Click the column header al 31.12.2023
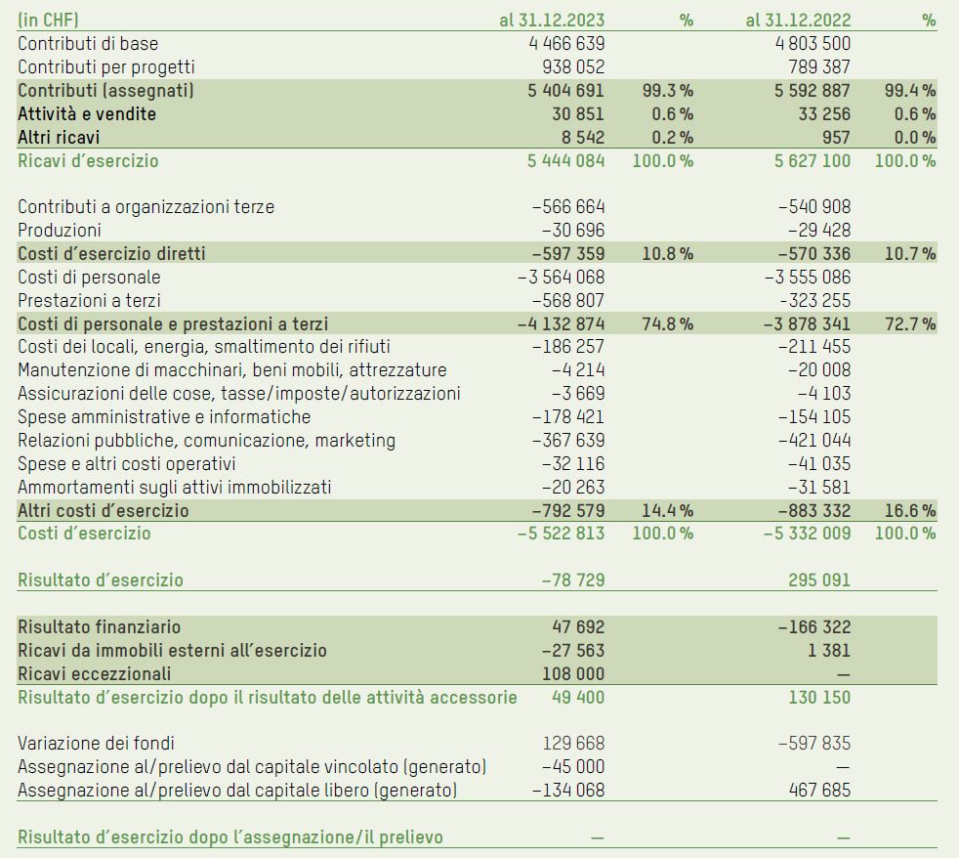pos(552,20)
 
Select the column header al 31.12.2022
pos(798,20)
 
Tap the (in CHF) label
pos(49,20)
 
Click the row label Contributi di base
pos(88,43)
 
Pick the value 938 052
pos(573,66)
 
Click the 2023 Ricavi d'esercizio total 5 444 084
pos(566,160)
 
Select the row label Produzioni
pos(60,231)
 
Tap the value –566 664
pos(568,207)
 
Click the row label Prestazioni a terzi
pos(90,300)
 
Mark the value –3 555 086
pos(808,277)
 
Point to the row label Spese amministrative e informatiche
pos(164,417)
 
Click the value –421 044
pos(814,441)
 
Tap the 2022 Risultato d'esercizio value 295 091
pos(819,579)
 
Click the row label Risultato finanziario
pos(100,626)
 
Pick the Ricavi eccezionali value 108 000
pos(573,673)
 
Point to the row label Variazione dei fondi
pos(97,744)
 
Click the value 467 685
pos(819,790)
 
